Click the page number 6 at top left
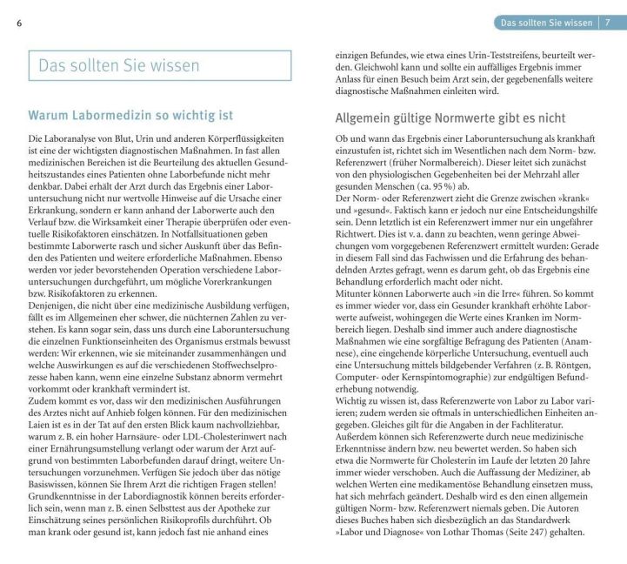(19, 23)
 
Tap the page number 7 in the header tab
(608, 23)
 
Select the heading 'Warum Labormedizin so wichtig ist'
(130, 115)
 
